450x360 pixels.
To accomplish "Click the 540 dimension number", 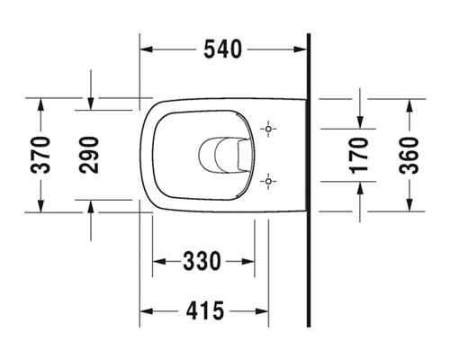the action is (x=222, y=49).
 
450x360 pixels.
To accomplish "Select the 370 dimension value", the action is (x=40, y=155).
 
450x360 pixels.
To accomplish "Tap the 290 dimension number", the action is (x=89, y=155).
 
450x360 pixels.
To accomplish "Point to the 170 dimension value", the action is (x=359, y=156).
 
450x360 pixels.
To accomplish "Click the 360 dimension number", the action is (x=409, y=156).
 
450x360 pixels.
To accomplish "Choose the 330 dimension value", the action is (x=202, y=261).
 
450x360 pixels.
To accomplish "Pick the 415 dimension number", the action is (x=205, y=310).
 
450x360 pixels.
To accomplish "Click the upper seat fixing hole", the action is (x=268, y=129).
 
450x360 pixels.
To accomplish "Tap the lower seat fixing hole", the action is (x=268, y=181).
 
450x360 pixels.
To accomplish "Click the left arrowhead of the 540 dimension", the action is (x=147, y=49).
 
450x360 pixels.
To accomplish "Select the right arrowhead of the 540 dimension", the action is (x=300, y=49).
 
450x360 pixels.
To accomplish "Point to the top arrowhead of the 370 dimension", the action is (x=40, y=104).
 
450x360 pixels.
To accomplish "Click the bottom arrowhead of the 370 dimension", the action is (x=40, y=206).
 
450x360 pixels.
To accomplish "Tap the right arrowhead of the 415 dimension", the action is (x=262, y=311).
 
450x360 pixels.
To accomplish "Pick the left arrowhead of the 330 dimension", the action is (x=159, y=261).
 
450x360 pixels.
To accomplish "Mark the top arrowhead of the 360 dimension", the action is (x=409, y=105).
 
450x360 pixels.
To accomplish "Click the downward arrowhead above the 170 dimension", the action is (x=360, y=122).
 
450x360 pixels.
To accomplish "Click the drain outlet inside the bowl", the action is (x=223, y=155).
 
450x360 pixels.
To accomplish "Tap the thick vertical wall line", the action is (x=309, y=180).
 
